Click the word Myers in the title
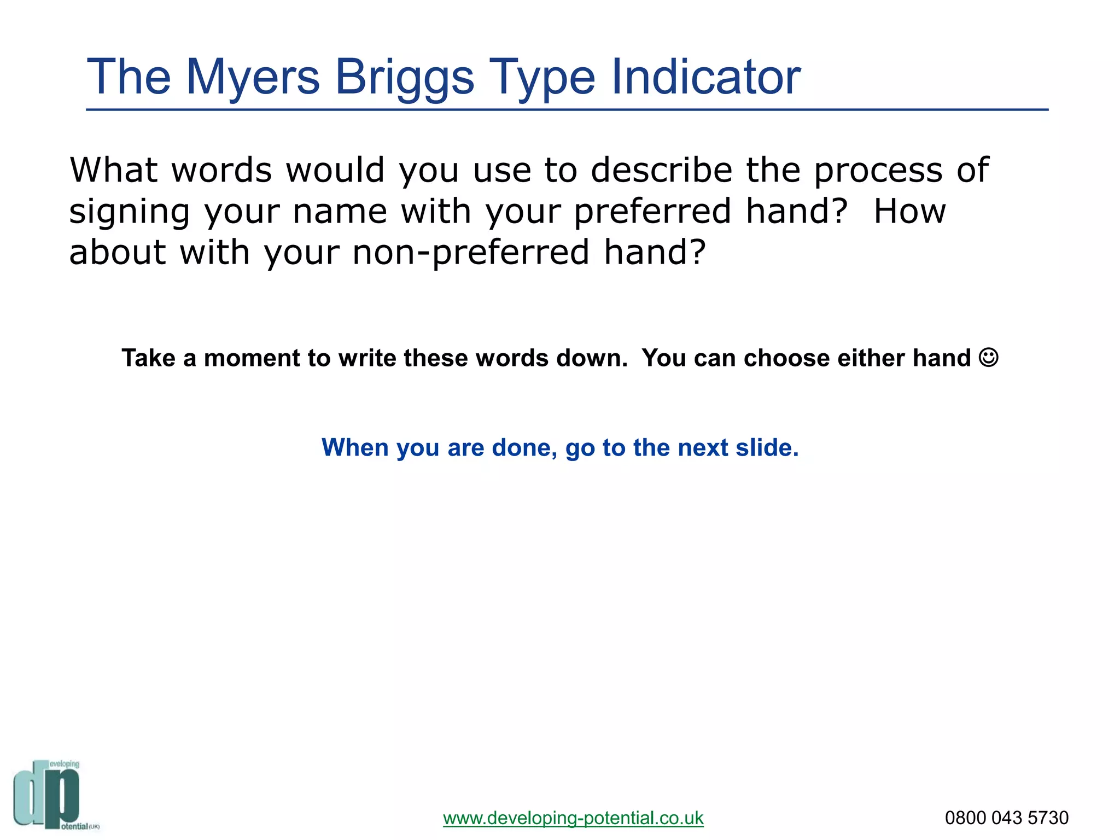tap(253, 78)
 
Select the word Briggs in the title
tap(404, 78)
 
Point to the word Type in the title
tap(541, 78)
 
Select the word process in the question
tap(878, 171)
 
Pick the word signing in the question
tap(130, 212)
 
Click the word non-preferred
tap(471, 253)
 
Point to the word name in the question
tap(340, 212)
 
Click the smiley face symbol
tap(988, 358)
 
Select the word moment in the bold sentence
tap(252, 358)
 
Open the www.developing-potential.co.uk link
tap(573, 818)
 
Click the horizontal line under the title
tap(567, 110)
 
